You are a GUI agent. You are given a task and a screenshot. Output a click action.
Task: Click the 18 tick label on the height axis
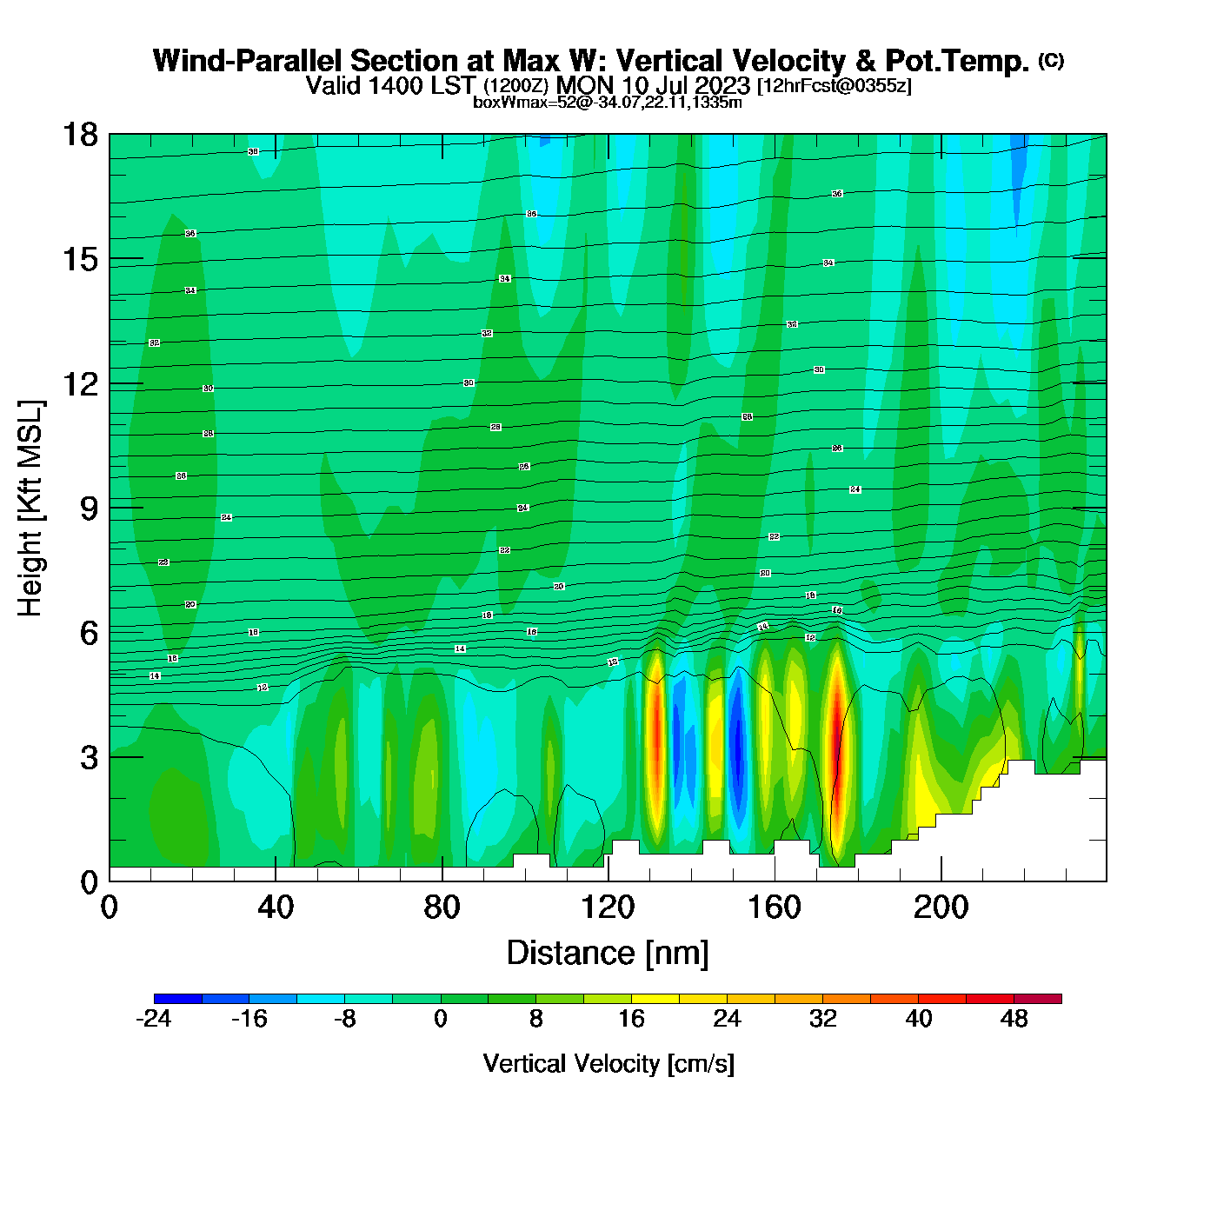tap(79, 135)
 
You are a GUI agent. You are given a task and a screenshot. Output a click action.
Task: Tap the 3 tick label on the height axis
tap(89, 757)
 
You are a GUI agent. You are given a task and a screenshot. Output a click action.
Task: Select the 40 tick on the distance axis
tap(276, 881)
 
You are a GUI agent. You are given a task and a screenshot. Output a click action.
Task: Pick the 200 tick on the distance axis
tap(941, 881)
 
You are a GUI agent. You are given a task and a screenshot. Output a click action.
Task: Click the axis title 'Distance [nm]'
tap(608, 953)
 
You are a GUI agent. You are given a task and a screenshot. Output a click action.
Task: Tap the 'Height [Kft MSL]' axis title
tap(30, 509)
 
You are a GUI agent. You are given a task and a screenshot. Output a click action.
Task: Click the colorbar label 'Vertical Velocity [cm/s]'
tap(608, 1063)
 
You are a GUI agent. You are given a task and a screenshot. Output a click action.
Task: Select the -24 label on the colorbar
tap(154, 1019)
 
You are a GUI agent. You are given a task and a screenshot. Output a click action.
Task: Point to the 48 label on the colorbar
tap(1014, 1019)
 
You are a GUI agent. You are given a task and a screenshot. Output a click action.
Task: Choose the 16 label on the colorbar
tap(631, 1019)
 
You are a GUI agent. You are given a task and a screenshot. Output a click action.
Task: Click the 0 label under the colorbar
tap(441, 1019)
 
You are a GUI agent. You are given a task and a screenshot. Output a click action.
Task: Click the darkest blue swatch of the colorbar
tap(177, 999)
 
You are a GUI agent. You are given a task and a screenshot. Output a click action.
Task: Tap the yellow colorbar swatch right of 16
tap(655, 999)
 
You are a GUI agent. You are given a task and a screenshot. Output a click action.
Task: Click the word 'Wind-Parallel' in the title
tap(249, 61)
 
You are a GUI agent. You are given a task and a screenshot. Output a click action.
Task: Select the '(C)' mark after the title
tap(1051, 60)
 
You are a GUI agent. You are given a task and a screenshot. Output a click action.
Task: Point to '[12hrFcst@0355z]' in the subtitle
tap(835, 86)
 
